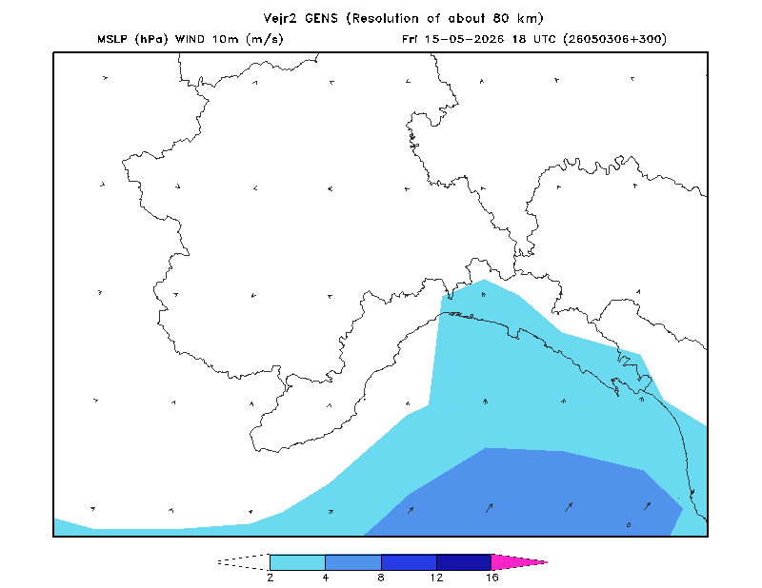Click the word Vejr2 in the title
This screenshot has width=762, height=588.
(x=280, y=18)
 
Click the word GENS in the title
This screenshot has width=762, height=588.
(x=321, y=18)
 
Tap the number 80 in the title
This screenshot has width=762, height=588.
(x=501, y=18)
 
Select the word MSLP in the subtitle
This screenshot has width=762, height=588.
(x=112, y=39)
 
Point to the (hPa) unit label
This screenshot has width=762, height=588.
(x=151, y=39)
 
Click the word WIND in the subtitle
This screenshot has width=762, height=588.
(x=190, y=39)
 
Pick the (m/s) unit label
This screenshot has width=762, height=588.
(x=265, y=39)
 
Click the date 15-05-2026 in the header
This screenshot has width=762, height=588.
(x=464, y=39)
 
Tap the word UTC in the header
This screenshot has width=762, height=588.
(x=544, y=39)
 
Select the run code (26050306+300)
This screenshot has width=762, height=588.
(x=614, y=39)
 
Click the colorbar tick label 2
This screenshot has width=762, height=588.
(x=270, y=578)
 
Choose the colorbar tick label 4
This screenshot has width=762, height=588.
(x=326, y=578)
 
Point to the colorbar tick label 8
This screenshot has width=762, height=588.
(x=381, y=578)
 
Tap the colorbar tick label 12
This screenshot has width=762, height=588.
(x=436, y=578)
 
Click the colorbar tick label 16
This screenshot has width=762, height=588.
(x=491, y=578)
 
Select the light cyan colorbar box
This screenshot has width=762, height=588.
(x=297, y=562)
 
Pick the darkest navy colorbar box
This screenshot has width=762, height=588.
(x=464, y=562)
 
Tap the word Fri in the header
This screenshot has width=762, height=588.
(x=410, y=39)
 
